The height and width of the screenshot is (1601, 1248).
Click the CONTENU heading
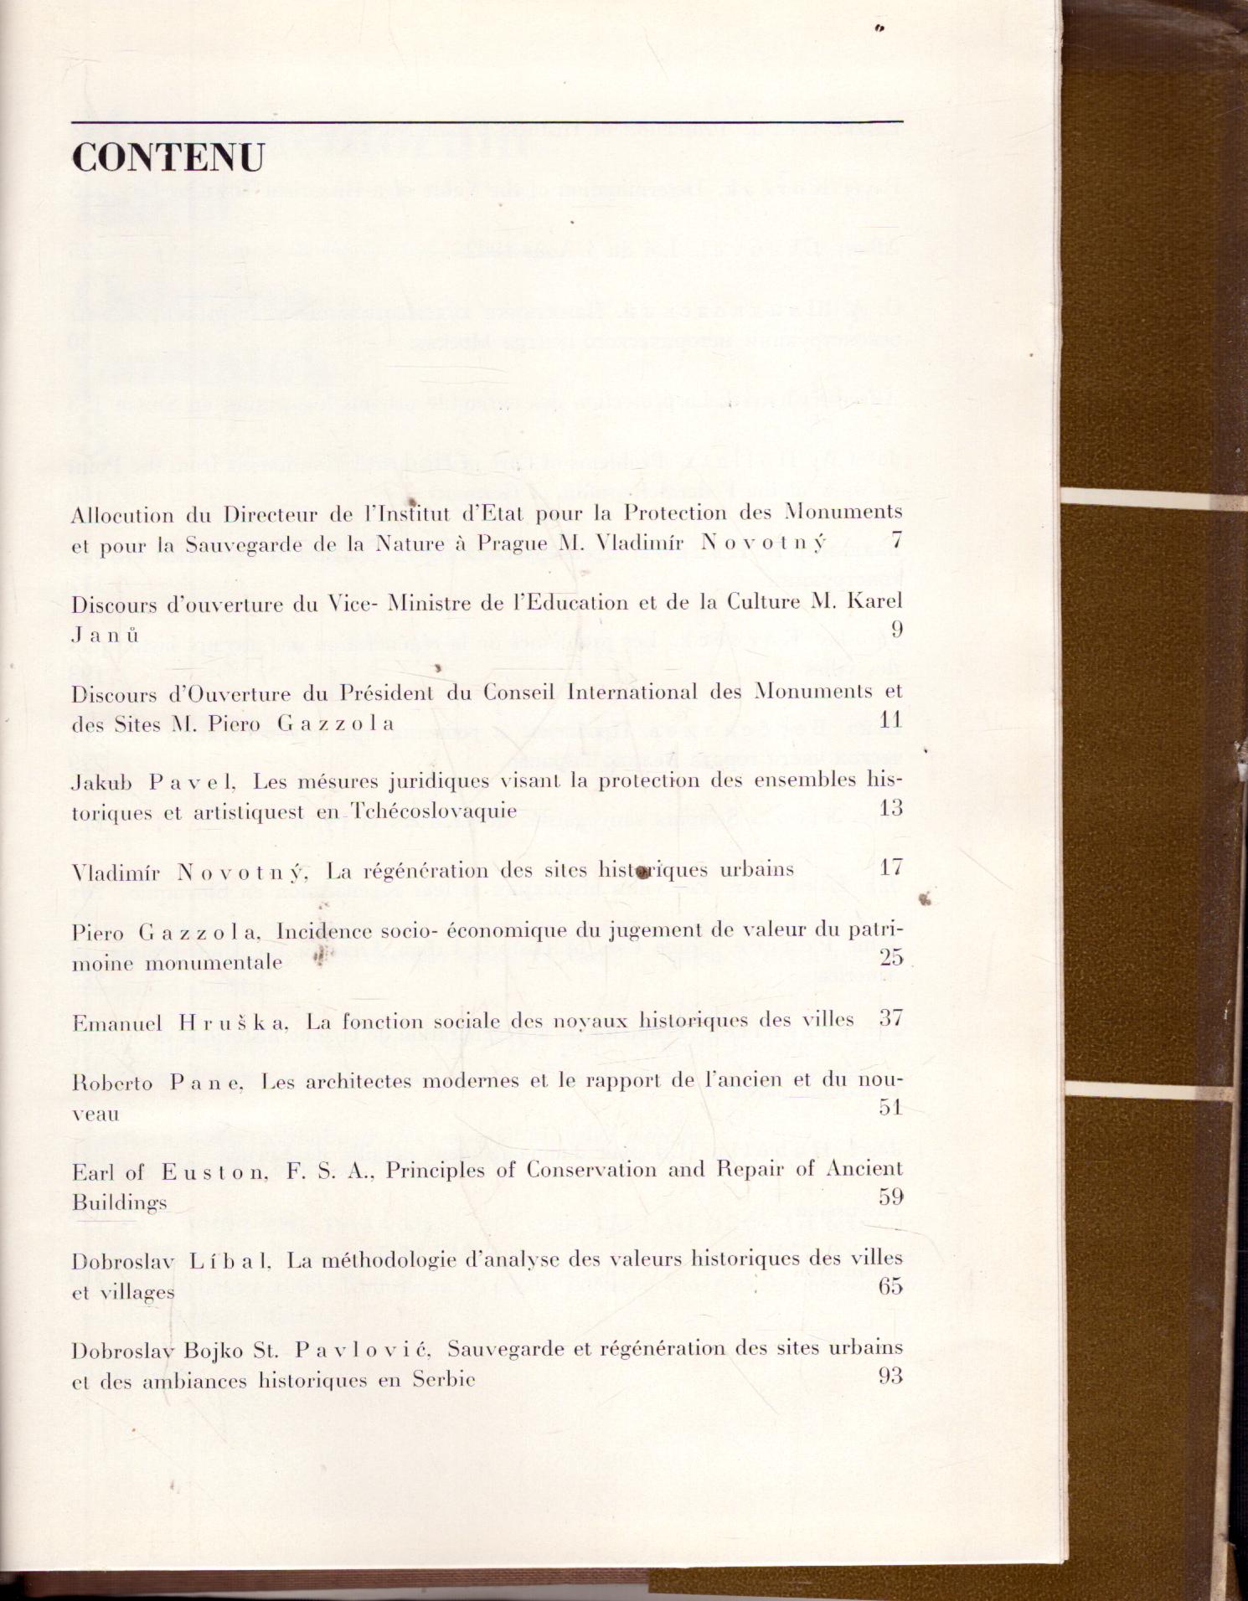(x=168, y=157)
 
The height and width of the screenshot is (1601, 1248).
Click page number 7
(x=896, y=540)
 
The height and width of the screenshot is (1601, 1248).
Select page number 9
(x=896, y=630)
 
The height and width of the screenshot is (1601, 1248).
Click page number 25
(x=891, y=957)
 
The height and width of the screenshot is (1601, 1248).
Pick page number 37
(x=891, y=1018)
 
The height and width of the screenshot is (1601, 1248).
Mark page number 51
(x=891, y=1107)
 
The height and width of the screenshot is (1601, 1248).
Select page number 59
(x=891, y=1197)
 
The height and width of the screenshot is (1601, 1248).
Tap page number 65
(x=891, y=1286)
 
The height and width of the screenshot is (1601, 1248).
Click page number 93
(x=891, y=1375)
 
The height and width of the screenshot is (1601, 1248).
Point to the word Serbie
(x=444, y=1379)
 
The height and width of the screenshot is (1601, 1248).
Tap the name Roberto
(x=112, y=1084)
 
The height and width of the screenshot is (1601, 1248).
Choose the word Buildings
(x=119, y=1203)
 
